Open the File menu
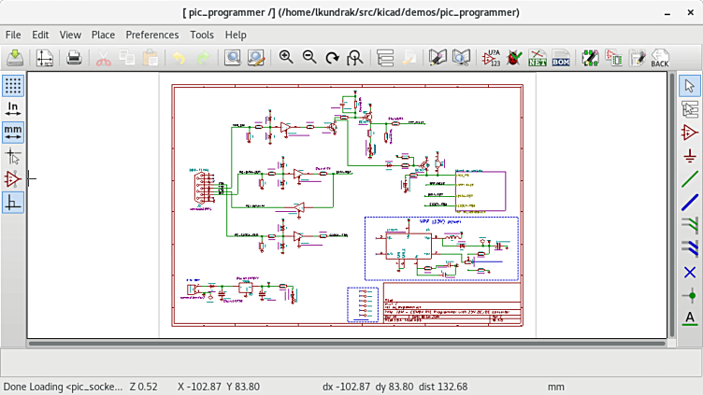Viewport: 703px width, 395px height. (13, 35)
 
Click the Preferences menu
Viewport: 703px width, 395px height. (151, 35)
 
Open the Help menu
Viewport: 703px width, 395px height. (236, 35)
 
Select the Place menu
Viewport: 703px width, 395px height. (103, 35)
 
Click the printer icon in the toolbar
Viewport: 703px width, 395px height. (75, 58)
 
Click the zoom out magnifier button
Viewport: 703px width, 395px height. (309, 58)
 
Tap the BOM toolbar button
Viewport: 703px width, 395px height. (560, 58)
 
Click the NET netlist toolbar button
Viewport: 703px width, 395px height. (537, 58)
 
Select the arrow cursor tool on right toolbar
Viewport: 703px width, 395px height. (690, 86)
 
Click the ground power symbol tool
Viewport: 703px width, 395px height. (690, 155)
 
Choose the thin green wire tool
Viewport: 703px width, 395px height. (690, 178)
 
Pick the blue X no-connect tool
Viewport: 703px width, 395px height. (690, 272)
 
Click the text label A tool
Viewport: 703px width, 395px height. (690, 318)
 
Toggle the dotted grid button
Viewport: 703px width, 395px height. (13, 86)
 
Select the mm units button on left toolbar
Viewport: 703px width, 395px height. (13, 132)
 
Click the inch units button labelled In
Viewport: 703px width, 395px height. (13, 109)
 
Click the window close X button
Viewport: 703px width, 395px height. (689, 12)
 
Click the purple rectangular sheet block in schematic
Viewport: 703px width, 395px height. (480, 191)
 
